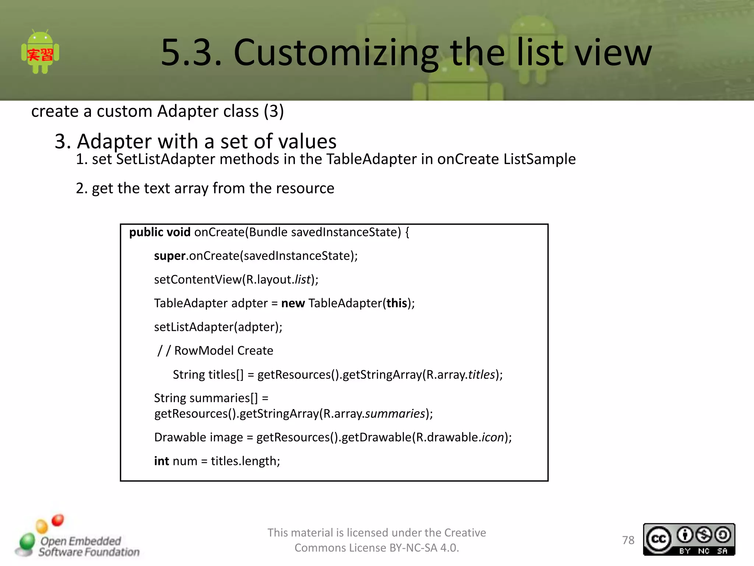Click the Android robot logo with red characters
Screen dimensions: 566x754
(x=40, y=53)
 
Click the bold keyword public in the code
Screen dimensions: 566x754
(x=146, y=232)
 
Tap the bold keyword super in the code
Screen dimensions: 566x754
(x=169, y=256)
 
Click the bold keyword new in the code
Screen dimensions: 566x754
(x=293, y=303)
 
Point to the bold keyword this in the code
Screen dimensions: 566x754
(x=397, y=303)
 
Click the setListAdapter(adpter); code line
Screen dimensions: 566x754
(x=218, y=327)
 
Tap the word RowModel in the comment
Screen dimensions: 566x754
(x=204, y=350)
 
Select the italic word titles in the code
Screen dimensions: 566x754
(x=481, y=374)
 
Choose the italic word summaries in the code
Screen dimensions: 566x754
(x=395, y=414)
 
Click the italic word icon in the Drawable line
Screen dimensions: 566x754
(x=493, y=437)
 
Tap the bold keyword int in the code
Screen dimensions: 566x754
(x=161, y=461)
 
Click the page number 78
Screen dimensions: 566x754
(x=628, y=540)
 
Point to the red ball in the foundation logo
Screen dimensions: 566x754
(x=58, y=520)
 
